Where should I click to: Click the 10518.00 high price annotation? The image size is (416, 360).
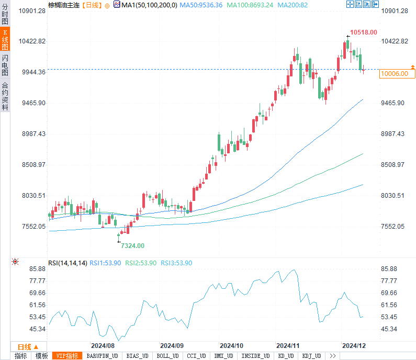(364, 32)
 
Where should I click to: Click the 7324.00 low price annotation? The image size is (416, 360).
(133, 245)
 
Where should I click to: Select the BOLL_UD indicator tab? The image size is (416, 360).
(167, 356)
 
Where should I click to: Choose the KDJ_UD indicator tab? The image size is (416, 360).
(311, 356)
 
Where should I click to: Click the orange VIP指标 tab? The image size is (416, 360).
(67, 356)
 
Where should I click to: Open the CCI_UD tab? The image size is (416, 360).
(196, 356)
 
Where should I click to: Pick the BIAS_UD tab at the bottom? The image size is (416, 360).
(137, 356)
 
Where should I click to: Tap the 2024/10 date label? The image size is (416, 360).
(231, 346)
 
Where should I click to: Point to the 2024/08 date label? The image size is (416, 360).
(103, 346)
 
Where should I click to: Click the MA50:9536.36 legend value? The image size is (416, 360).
(201, 5)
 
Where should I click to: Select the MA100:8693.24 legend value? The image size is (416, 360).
(250, 5)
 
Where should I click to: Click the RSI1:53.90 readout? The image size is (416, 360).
(105, 263)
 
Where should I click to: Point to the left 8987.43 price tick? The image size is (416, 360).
(33, 134)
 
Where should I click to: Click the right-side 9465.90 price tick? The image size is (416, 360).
(392, 103)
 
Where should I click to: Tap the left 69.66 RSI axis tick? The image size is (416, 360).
(37, 293)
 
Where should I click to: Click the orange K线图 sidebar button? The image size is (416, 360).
(5, 39)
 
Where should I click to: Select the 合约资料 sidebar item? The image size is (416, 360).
(5, 96)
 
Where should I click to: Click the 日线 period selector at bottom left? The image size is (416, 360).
(28, 347)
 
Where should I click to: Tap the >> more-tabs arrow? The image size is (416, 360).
(333, 356)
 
